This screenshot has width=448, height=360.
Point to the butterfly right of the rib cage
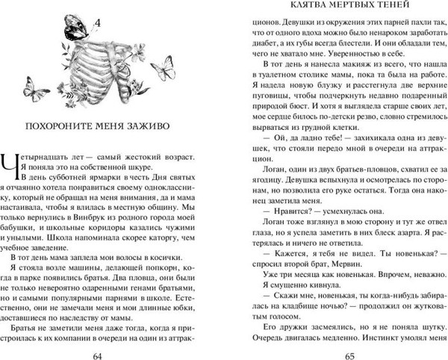(x=162, y=69)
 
